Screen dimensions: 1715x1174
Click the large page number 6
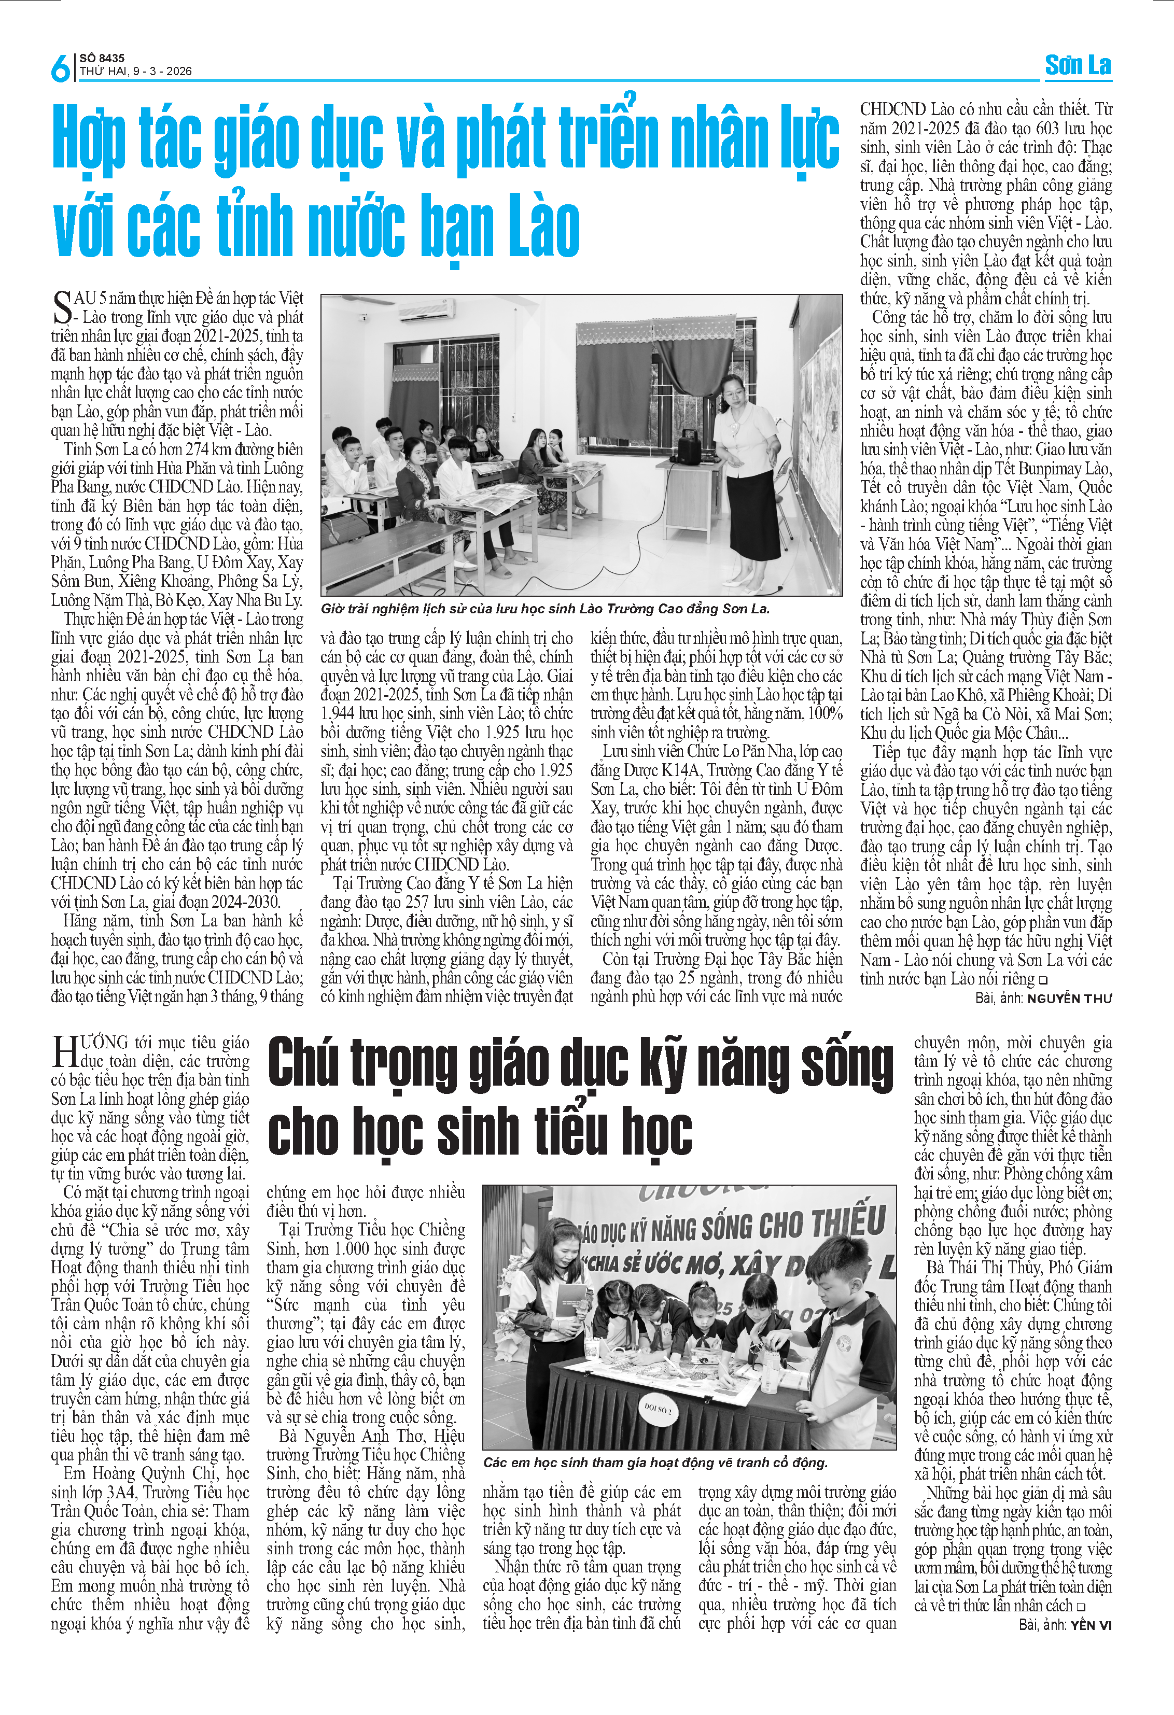pyautogui.click(x=59, y=68)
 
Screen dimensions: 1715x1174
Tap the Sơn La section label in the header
pyautogui.click(x=1078, y=66)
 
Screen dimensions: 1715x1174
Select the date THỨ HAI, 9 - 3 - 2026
pyautogui.click(x=136, y=72)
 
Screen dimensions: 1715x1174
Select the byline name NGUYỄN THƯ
pyautogui.click(x=1069, y=999)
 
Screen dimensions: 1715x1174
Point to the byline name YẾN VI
pyautogui.click(x=1090, y=1625)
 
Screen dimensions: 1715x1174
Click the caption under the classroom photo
pyautogui.click(x=546, y=609)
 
